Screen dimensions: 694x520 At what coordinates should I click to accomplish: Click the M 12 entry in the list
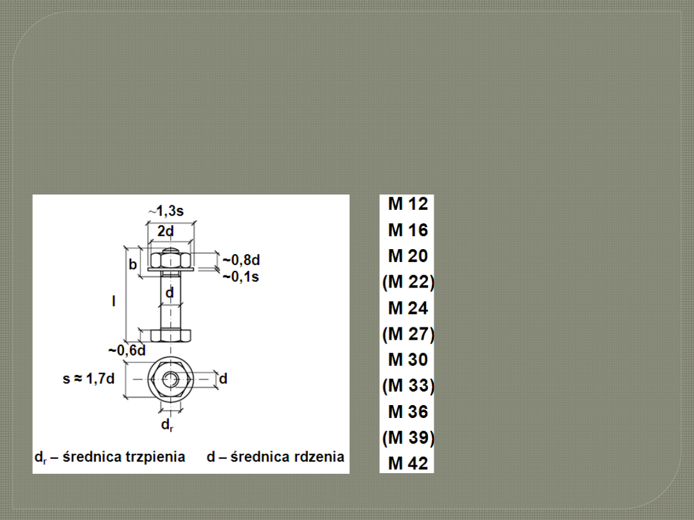pyautogui.click(x=407, y=204)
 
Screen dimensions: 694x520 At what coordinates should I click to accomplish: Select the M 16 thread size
pyautogui.click(x=407, y=230)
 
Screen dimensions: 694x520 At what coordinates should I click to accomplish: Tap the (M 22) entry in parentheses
pyautogui.click(x=408, y=282)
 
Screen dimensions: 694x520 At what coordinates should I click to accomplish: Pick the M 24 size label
pyautogui.click(x=407, y=308)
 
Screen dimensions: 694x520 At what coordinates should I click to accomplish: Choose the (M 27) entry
pyautogui.click(x=408, y=334)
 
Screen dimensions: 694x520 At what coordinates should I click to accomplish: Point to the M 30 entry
pyautogui.click(x=407, y=360)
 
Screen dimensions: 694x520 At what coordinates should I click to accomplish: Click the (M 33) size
pyautogui.click(x=408, y=386)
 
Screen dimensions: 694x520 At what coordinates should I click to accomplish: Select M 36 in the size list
pyautogui.click(x=407, y=412)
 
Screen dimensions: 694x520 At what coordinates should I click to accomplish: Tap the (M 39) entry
pyautogui.click(x=408, y=438)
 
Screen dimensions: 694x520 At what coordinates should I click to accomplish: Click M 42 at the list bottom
pyautogui.click(x=407, y=464)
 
